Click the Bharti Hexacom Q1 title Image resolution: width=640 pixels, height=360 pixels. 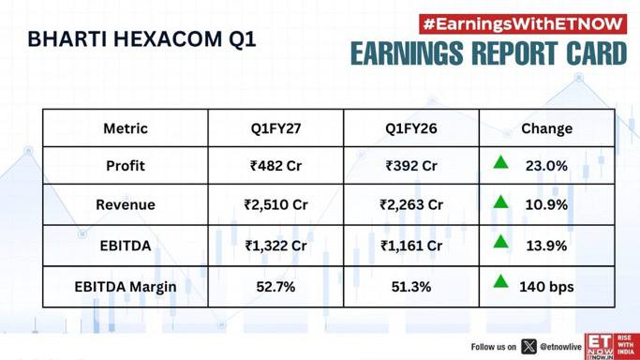141,39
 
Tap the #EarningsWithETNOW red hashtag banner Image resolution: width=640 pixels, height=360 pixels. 523,24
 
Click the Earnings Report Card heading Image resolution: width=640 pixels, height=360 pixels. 488,53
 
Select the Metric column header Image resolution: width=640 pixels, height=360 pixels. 126,128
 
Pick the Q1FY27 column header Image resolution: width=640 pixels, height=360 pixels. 275,128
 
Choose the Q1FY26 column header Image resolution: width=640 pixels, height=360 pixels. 411,128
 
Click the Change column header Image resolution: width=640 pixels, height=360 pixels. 546,128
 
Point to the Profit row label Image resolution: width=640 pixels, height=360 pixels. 126,166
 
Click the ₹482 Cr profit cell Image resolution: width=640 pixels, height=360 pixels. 275,166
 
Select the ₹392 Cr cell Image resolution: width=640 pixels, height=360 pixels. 411,166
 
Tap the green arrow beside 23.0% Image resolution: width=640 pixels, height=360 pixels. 500,162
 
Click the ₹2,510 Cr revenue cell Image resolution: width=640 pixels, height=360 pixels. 275,204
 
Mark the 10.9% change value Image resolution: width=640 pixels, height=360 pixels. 546,204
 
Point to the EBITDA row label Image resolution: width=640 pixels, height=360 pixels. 126,246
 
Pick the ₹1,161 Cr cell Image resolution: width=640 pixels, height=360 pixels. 411,246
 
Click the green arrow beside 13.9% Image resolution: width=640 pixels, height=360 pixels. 500,242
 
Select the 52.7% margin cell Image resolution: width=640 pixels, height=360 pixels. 275,287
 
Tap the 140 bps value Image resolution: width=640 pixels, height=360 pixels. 546,287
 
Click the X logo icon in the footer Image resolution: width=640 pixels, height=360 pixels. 529,347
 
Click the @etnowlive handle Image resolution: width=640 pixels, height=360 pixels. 560,347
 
